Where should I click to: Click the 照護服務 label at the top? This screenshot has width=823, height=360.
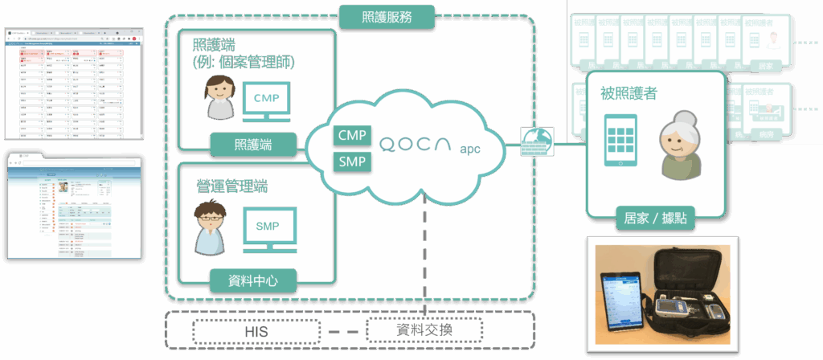387,14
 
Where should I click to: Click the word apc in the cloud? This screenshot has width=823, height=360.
470,149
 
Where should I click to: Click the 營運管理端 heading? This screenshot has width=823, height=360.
232,186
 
